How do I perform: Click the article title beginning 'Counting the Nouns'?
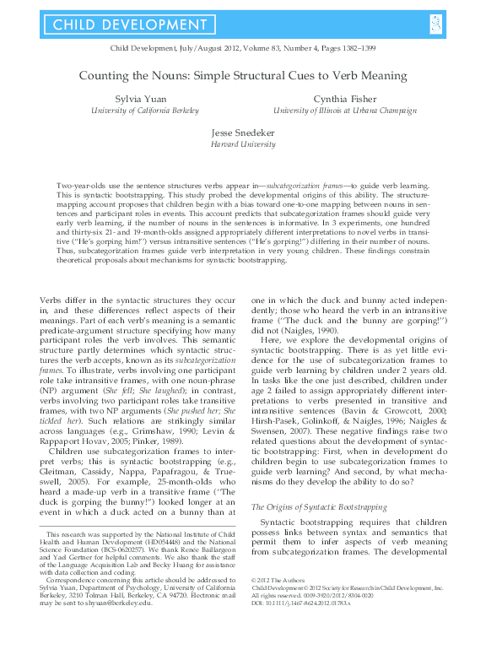pyautogui.click(x=250, y=75)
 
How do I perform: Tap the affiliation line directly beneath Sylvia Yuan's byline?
pyautogui.click(x=145, y=111)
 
